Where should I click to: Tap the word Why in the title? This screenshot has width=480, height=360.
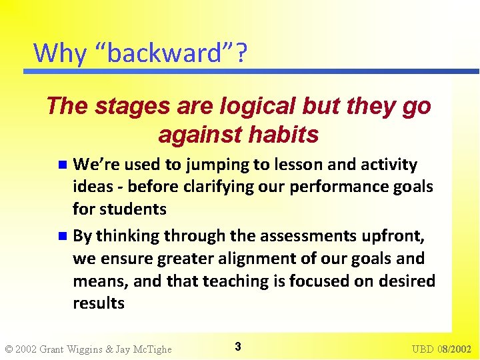tap(59, 53)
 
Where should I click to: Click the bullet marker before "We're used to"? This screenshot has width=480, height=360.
tap(62, 165)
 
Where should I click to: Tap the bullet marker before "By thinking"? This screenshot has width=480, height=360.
tap(62, 235)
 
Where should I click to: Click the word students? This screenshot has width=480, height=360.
tap(133, 209)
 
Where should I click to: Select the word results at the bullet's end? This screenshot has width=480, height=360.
tap(99, 303)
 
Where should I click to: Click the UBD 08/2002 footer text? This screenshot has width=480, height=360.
tap(441, 349)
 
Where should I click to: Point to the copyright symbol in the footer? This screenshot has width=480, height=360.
tap(9, 349)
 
